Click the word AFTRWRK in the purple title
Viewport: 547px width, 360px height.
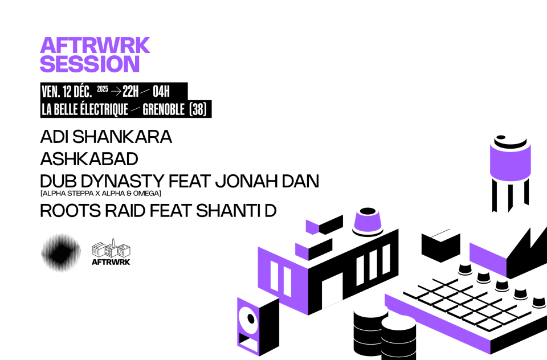click(x=95, y=46)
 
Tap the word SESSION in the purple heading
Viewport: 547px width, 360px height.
click(x=90, y=64)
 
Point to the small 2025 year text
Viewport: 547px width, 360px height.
click(x=103, y=89)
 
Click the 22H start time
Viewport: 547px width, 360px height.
click(x=130, y=91)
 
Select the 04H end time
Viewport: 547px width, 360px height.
click(x=161, y=91)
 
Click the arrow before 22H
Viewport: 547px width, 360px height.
click(x=116, y=91)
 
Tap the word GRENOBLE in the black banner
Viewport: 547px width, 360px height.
click(x=164, y=109)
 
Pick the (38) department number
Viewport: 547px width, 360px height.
click(x=198, y=109)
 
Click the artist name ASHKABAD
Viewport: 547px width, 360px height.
click(x=89, y=159)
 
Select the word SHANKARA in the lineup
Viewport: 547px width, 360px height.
click(x=122, y=137)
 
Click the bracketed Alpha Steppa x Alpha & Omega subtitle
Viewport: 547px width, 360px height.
click(x=101, y=193)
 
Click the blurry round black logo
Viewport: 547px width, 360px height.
click(x=61, y=252)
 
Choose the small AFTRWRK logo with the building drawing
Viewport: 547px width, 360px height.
click(x=111, y=252)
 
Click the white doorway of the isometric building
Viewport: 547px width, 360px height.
click(x=332, y=291)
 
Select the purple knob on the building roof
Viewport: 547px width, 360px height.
click(x=368, y=222)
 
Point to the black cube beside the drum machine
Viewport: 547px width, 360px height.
click(x=440, y=246)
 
